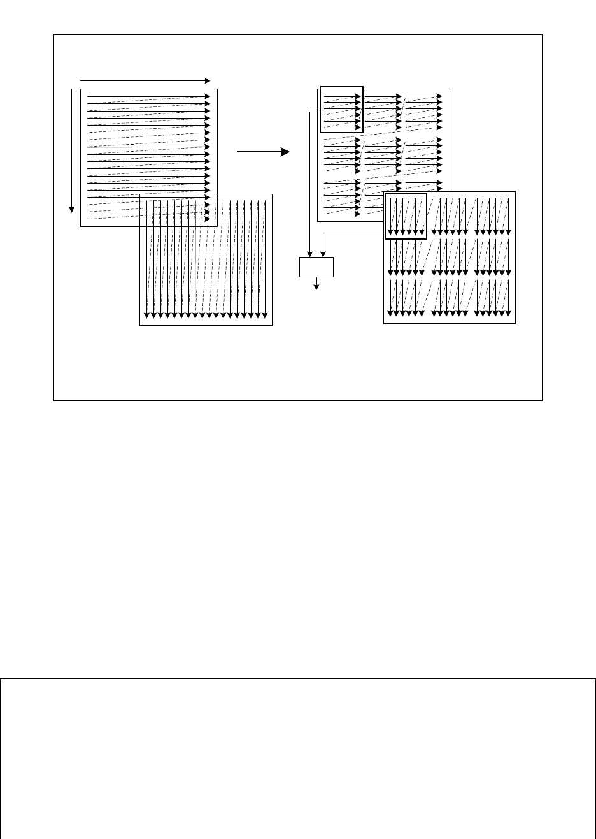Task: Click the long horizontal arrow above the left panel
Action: (145, 81)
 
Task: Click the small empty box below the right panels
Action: (316, 267)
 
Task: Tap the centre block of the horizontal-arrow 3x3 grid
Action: (383, 154)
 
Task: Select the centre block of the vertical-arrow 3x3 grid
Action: (450, 257)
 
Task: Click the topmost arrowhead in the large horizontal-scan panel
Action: (207, 96)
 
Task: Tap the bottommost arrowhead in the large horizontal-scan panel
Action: (207, 219)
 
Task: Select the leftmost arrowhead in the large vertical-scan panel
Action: (146, 314)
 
